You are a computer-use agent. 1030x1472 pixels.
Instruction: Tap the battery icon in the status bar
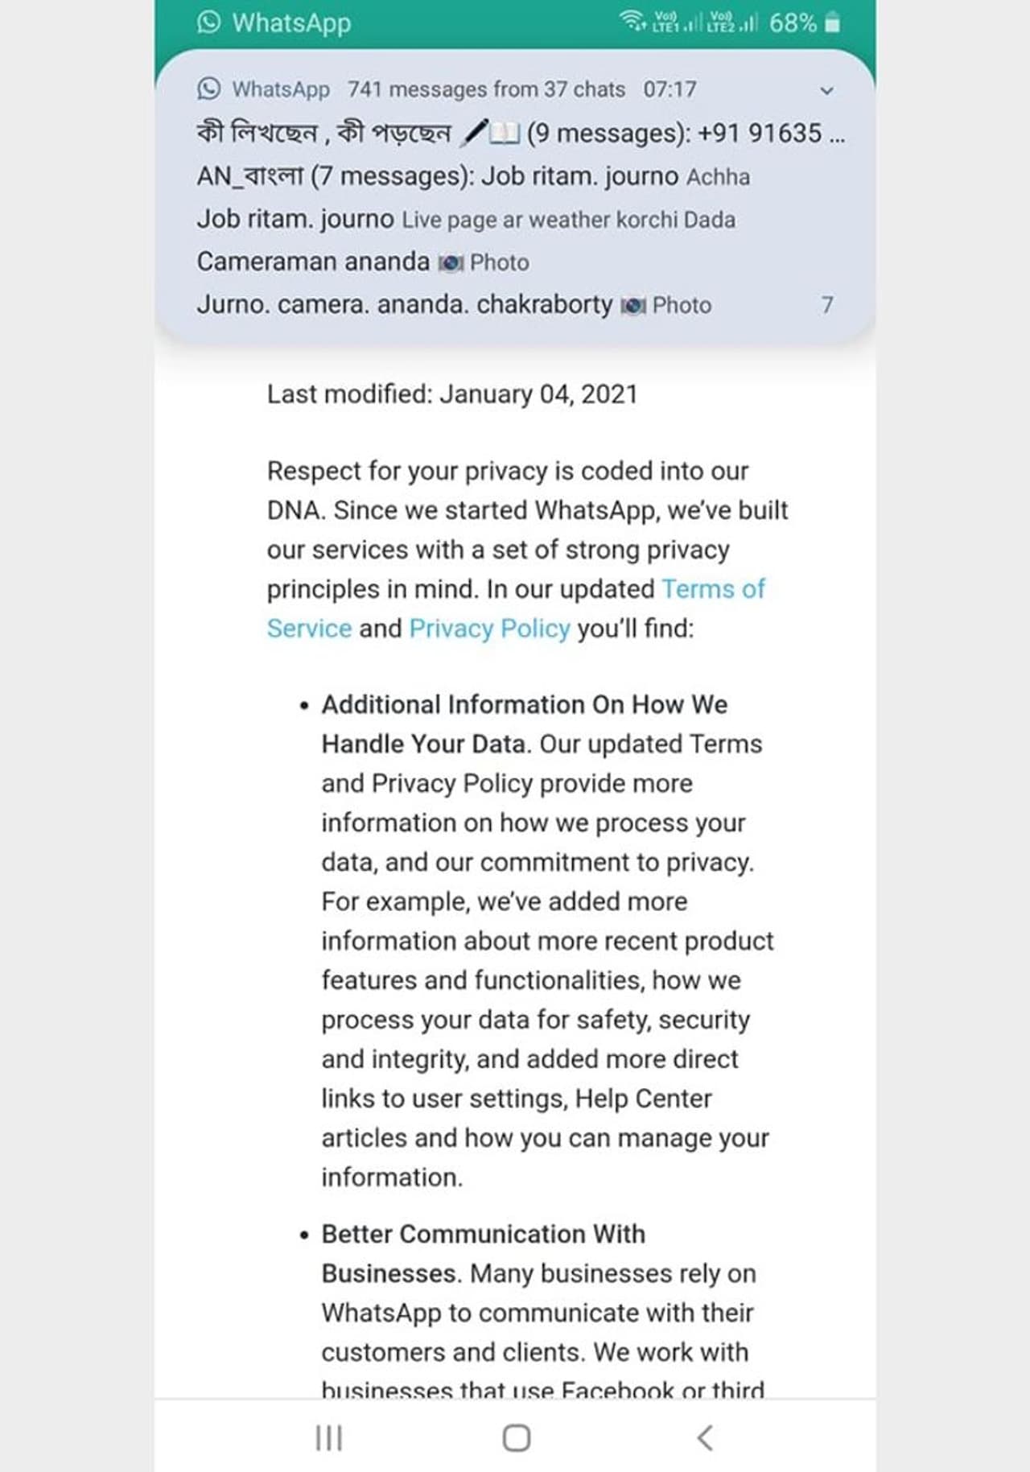tap(833, 23)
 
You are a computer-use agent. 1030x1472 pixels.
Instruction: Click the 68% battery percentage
tap(793, 23)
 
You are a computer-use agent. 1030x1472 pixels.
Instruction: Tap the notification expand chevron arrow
tap(826, 91)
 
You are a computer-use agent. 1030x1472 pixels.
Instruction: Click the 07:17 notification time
tap(669, 89)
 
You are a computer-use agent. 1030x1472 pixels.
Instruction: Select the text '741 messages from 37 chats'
tap(486, 89)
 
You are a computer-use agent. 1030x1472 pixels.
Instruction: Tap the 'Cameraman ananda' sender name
tap(313, 262)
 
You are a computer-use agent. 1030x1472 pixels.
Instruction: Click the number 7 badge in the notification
tap(826, 305)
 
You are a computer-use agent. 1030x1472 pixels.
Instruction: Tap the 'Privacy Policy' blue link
tap(489, 628)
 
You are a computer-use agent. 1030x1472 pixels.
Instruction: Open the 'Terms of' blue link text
tap(713, 588)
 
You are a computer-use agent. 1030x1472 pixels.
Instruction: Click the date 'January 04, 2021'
tap(538, 394)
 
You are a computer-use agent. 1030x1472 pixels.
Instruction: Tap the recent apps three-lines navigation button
tap(328, 1437)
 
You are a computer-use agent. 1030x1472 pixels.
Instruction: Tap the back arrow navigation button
tap(705, 1437)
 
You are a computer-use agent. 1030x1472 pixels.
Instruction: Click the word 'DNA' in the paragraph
tap(295, 510)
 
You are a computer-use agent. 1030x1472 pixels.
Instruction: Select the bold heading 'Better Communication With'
tap(483, 1234)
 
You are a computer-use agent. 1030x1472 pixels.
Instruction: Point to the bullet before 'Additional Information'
tap(304, 706)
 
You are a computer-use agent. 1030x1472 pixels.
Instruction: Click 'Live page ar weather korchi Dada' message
tap(568, 220)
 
